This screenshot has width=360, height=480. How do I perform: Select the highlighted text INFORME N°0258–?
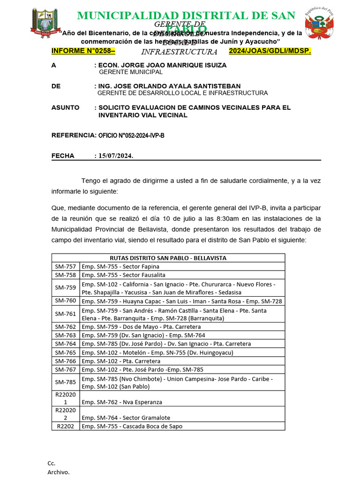pyautogui.click(x=83, y=51)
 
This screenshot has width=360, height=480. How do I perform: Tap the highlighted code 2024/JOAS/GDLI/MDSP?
pyautogui.click(x=270, y=51)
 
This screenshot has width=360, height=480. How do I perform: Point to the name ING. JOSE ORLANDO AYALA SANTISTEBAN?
pyautogui.click(x=168, y=86)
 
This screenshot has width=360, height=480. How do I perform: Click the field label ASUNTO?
pyautogui.click(x=65, y=107)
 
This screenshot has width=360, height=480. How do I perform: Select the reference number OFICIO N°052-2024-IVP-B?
pyautogui.click(x=131, y=135)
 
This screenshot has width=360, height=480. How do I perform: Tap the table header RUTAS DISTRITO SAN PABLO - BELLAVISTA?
pyautogui.click(x=168, y=258)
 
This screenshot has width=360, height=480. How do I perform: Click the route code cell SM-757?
pyautogui.click(x=65, y=266)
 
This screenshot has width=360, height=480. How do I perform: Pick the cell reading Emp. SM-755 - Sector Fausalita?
pyautogui.click(x=123, y=275)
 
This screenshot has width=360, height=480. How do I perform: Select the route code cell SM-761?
pyautogui.click(x=65, y=314)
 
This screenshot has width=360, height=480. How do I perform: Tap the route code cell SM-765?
pyautogui.click(x=65, y=352)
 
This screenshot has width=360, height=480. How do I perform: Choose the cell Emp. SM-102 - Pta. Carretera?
pyautogui.click(x=121, y=361)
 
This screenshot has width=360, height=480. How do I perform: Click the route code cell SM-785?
pyautogui.click(x=65, y=382)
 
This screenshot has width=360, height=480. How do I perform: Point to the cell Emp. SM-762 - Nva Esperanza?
pyautogui.click(x=122, y=402)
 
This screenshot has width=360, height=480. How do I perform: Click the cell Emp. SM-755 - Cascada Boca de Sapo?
pyautogui.click(x=132, y=426)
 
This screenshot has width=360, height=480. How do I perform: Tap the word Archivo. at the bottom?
pyautogui.click(x=58, y=472)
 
